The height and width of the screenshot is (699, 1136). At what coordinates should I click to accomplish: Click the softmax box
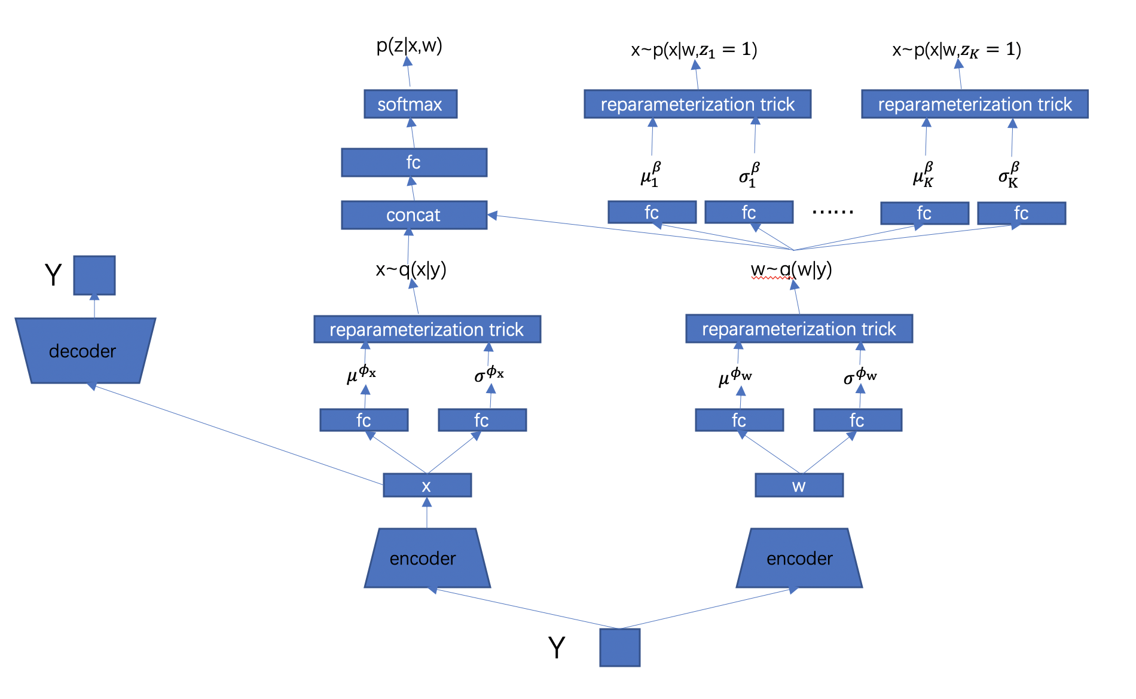point(410,104)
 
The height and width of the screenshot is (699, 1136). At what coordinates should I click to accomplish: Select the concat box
point(414,215)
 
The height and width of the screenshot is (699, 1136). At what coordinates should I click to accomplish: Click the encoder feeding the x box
point(427,558)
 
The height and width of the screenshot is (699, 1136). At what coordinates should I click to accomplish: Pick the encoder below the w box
point(799,558)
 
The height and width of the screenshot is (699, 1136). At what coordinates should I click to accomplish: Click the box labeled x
point(427,485)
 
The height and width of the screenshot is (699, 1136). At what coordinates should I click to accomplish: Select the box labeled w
point(799,485)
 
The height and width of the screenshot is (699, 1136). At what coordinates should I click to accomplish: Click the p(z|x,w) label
point(409,45)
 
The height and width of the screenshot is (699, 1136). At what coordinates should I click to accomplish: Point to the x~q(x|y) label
point(411,269)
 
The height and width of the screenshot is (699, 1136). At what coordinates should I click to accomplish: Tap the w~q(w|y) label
point(791,269)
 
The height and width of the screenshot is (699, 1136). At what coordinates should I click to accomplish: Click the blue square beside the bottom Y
point(619,647)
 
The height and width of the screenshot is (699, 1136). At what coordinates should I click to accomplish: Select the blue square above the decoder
point(94,275)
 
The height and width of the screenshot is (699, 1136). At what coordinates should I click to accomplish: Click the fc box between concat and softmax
point(414,163)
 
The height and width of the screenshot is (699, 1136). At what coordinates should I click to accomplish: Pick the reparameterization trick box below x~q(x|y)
point(427,329)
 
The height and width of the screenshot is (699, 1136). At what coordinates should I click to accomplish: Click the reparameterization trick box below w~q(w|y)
point(799,329)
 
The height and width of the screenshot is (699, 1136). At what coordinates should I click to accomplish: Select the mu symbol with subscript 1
point(651,175)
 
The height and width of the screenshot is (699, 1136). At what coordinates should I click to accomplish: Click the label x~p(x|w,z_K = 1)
point(956,50)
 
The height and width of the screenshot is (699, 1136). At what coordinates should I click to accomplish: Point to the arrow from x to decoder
point(239,435)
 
